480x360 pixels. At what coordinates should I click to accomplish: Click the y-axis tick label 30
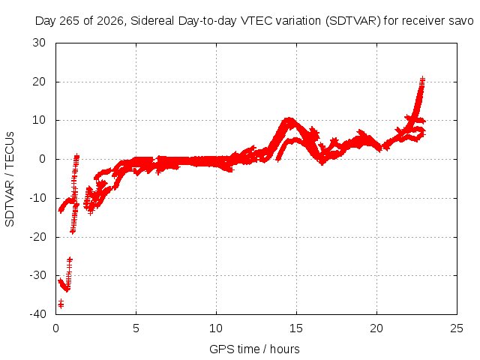tap(39, 43)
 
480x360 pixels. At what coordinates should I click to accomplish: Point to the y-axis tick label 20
tap(39, 82)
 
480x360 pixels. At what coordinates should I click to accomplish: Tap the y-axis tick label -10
tap(37, 198)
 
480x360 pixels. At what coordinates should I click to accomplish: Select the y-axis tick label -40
tap(37, 314)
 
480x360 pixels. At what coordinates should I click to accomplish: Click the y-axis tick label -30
tap(37, 275)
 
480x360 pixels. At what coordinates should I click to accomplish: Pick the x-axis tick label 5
tap(136, 328)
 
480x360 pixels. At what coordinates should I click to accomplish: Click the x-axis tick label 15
tap(296, 328)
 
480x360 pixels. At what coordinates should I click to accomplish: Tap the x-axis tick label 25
tap(457, 328)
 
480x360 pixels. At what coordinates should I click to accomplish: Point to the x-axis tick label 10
tap(216, 328)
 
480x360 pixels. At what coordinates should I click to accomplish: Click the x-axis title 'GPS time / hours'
tap(254, 349)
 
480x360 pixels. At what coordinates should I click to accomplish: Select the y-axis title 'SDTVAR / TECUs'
tap(10, 179)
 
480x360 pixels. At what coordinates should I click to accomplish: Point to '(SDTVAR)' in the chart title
tap(353, 21)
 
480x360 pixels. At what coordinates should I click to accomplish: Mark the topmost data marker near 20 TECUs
tap(422, 79)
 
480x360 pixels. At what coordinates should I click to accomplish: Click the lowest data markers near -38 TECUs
tap(61, 304)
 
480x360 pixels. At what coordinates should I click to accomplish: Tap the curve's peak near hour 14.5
tap(289, 119)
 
